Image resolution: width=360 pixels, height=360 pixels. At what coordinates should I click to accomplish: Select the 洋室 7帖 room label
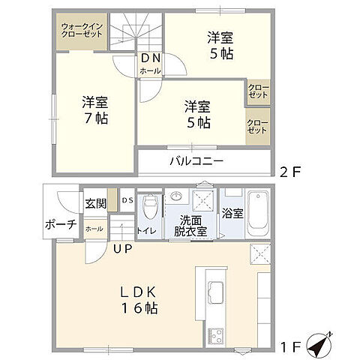coord(95,111)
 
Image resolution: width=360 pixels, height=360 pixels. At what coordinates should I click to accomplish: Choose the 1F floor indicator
coord(292,346)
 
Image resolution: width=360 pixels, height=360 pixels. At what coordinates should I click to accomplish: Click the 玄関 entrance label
coord(95,202)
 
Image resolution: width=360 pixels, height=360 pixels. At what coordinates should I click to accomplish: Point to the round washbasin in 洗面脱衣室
coord(177,197)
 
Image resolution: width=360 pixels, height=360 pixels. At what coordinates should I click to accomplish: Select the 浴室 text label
coord(232,214)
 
